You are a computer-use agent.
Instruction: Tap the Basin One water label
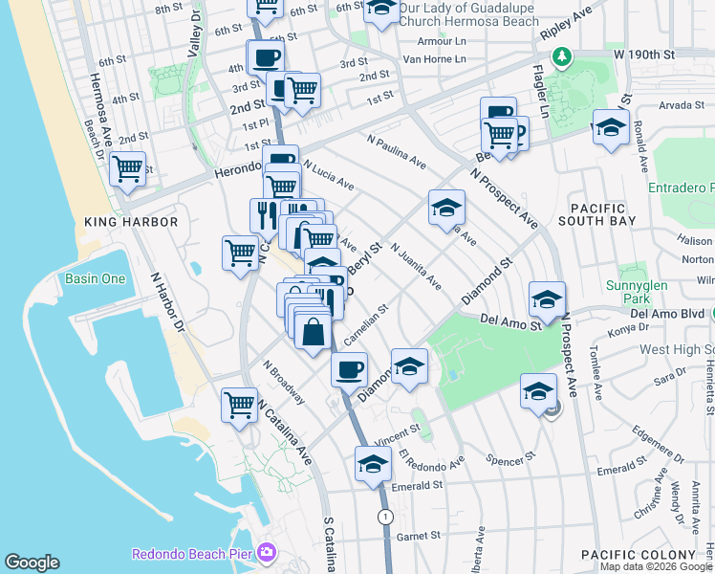pos(95,279)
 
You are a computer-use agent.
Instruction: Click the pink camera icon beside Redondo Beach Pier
pos(266,553)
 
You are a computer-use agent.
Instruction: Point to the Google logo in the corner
pos(32,563)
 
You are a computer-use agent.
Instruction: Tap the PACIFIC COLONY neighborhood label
pos(638,555)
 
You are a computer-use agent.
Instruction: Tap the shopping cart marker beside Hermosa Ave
pos(128,170)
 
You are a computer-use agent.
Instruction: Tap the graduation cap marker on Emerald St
pos(373,465)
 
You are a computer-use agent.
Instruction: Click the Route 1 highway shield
pos(385,517)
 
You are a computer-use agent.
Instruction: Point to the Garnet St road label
pos(417,537)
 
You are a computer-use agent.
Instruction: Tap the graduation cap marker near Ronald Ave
pos(610,127)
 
